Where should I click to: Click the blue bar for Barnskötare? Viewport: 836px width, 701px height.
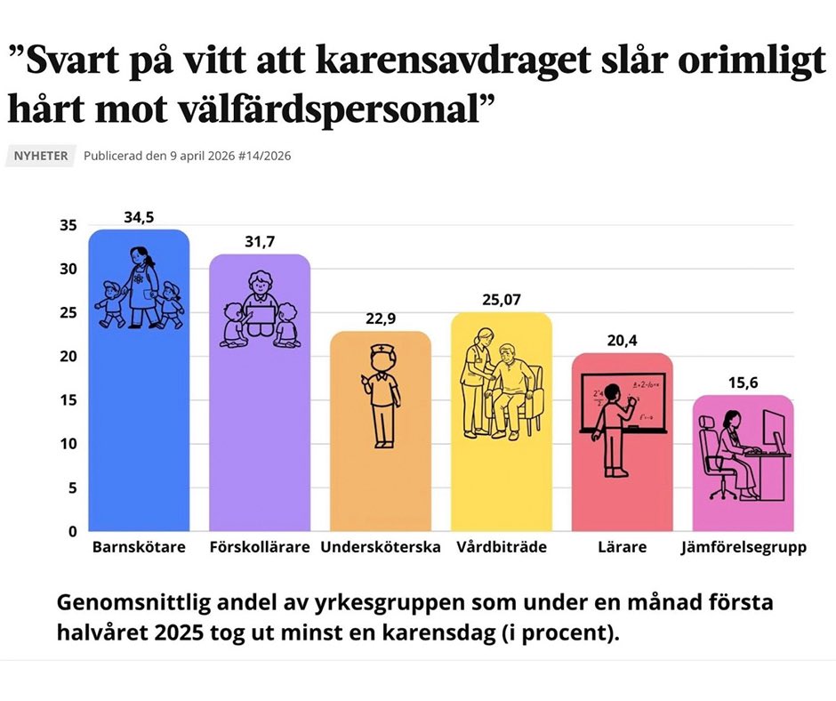point(139,427)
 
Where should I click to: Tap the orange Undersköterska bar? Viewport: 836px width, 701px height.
point(381,480)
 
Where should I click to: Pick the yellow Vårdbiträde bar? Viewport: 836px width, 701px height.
point(502,480)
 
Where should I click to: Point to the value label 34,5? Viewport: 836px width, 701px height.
point(139,216)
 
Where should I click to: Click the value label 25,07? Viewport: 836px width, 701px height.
point(502,300)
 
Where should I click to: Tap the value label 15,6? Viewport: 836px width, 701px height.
point(743,383)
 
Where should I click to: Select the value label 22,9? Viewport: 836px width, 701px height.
point(381,318)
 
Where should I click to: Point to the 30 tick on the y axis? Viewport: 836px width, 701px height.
point(68,270)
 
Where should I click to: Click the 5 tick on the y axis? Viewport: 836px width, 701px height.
point(72,488)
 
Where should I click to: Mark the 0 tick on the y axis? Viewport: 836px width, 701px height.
point(72,532)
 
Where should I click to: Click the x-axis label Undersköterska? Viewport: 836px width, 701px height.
point(381,547)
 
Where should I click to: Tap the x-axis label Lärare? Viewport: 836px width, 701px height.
point(623,547)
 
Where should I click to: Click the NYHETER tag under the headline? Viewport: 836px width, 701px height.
point(40,156)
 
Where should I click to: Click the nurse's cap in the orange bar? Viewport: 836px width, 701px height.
point(381,350)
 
